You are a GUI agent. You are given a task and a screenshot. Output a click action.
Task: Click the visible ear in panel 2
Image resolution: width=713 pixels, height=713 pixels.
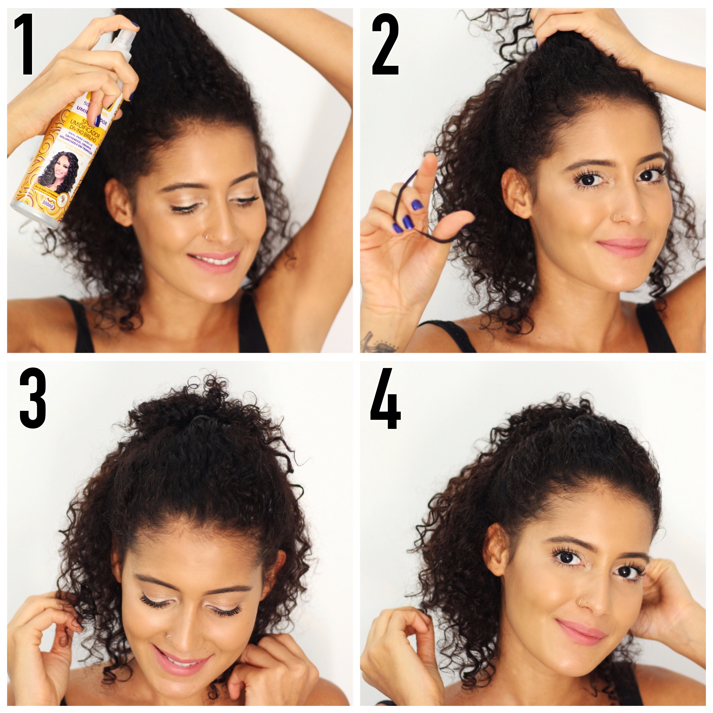(517, 192)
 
